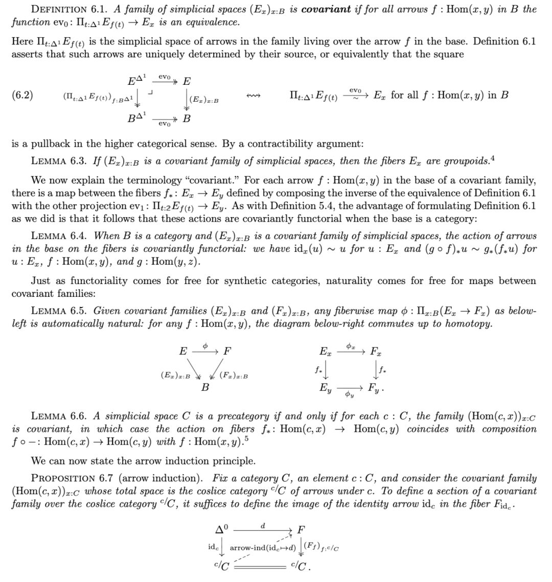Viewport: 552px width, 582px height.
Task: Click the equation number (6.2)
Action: [22, 95]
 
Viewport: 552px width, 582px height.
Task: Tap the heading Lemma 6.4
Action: [62, 236]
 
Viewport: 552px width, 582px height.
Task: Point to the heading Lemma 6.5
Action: [62, 311]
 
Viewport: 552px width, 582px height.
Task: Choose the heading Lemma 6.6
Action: [62, 416]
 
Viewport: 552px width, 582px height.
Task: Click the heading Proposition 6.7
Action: [77, 478]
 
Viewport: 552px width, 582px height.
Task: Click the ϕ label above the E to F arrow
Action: [204, 346]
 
